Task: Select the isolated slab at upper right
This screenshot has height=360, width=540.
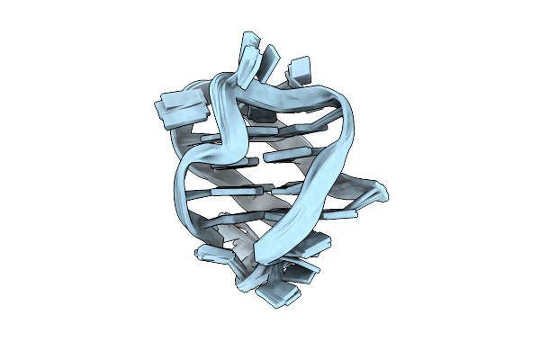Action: click(299, 68)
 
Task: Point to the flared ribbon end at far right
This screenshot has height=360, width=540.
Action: click(378, 192)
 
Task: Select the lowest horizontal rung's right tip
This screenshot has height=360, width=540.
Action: click(353, 214)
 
